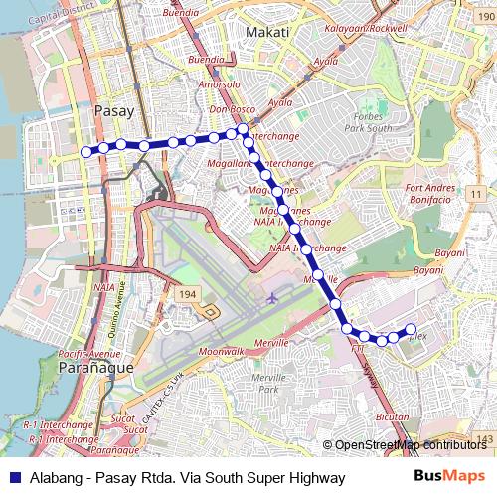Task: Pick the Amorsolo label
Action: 219,86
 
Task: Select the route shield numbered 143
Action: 484,438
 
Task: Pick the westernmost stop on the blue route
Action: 85,151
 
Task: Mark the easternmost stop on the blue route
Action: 412,330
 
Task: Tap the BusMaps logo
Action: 448,477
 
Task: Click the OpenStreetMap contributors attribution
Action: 411,444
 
